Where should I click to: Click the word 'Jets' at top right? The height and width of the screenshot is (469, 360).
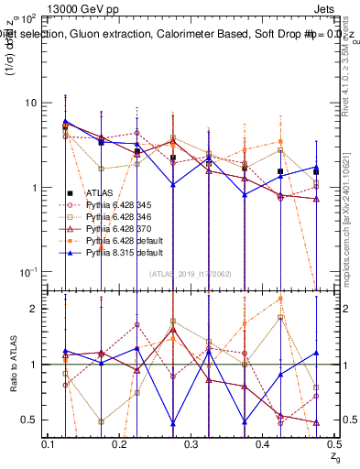pos(324,8)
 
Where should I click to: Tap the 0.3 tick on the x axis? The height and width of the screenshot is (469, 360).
pos(191,444)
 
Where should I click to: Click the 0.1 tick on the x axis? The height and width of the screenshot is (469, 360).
pos(49,444)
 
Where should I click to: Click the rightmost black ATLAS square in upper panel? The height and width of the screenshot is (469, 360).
pos(316,171)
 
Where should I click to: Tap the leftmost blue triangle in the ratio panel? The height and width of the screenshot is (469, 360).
pos(66,351)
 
